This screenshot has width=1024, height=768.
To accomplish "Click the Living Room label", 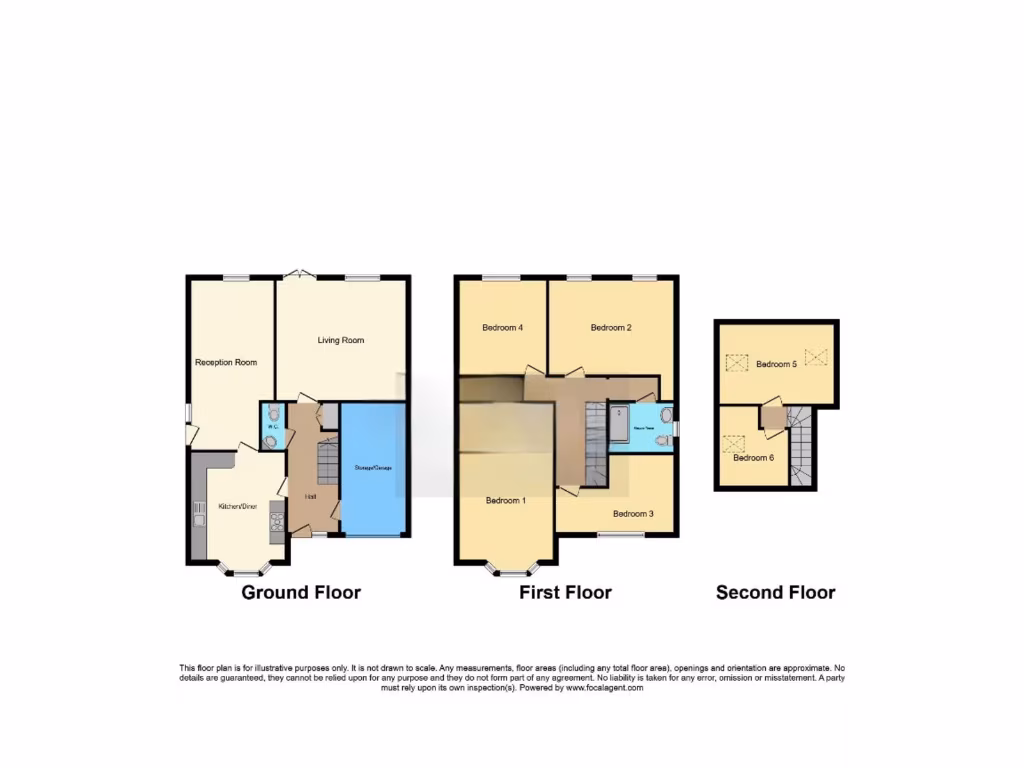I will coord(341,341).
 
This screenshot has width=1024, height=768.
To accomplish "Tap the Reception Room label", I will coord(226,362).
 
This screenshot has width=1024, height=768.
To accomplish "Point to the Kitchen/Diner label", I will coord(238,507).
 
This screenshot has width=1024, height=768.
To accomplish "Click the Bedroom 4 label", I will coord(502,328).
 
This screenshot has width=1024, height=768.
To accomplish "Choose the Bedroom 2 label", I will coord(611,328).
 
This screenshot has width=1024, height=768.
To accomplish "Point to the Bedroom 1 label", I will coord(505,500).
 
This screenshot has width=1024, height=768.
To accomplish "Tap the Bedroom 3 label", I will coord(633,514).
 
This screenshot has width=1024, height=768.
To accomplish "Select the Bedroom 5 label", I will coord(776,364).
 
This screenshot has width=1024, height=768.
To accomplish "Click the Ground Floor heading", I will coord(301,592).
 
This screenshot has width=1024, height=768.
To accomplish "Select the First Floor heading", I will coord(565,592).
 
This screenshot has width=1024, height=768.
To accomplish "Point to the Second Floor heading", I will coord(775,592).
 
